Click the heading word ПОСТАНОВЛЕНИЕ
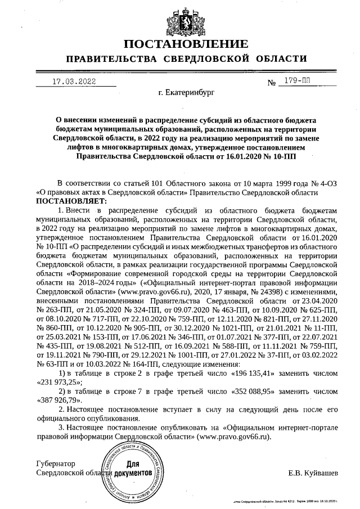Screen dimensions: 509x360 (186, 44)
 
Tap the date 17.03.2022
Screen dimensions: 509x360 (74, 81)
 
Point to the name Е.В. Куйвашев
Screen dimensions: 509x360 (313, 473)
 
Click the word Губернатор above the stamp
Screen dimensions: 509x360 (55, 464)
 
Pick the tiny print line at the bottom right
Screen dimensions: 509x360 (287, 500)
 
